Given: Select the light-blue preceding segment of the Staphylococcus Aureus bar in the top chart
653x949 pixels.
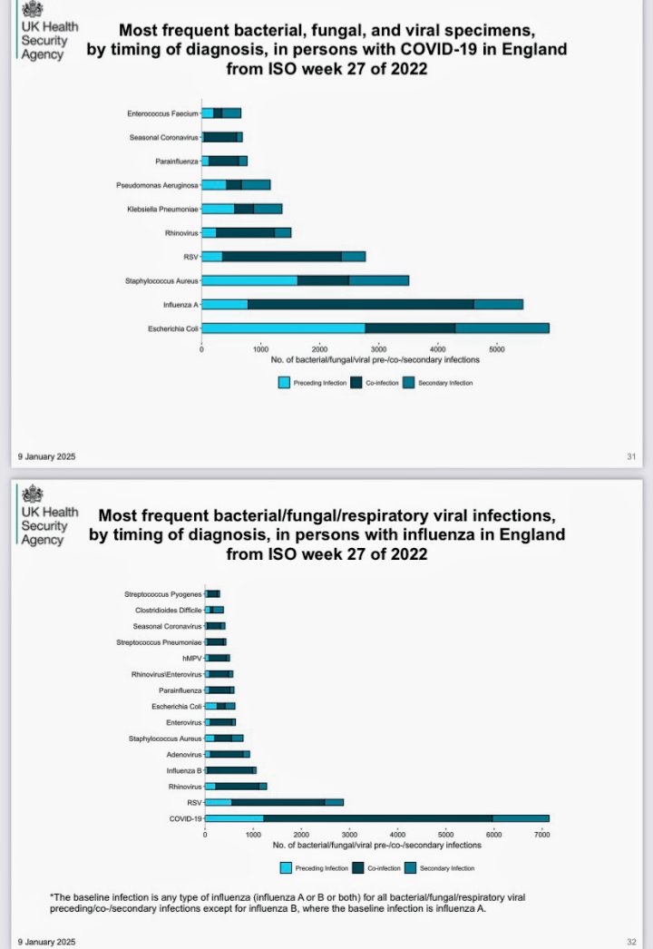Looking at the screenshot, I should (x=249, y=280).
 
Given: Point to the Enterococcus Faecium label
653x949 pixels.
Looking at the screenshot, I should (x=163, y=113).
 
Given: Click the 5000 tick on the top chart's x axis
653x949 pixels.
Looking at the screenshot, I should (x=495, y=348).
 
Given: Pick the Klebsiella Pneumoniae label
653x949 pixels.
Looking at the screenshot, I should (x=163, y=209).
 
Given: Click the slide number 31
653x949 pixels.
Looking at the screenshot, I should (x=631, y=456).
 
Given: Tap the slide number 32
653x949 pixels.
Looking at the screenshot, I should (x=631, y=940).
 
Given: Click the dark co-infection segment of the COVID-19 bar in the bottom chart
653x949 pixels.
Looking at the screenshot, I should (x=377, y=818).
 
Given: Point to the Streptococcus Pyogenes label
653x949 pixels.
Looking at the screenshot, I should (x=163, y=594).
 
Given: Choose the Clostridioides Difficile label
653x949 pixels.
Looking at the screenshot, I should (x=163, y=611).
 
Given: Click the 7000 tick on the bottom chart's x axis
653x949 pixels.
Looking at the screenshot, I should (x=541, y=835).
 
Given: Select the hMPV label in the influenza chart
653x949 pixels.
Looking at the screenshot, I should (x=190, y=658).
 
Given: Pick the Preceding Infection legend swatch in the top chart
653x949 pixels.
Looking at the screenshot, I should (x=285, y=383).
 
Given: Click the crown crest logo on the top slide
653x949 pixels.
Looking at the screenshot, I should (x=33, y=11).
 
